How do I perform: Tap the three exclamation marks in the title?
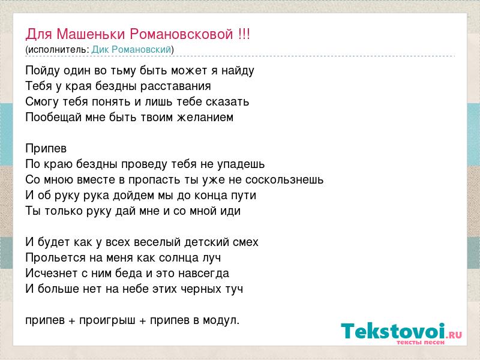[x=244, y=34]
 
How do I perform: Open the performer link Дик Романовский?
[x=131, y=50]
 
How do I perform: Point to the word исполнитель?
[x=58, y=50]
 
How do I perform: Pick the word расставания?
[x=176, y=86]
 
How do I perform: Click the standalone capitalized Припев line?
[x=46, y=149]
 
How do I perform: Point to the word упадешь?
[x=241, y=164]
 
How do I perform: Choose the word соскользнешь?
[x=284, y=179]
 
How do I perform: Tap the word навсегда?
[x=203, y=274]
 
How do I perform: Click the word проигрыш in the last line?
[x=107, y=320]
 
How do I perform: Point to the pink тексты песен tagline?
[x=421, y=342]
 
